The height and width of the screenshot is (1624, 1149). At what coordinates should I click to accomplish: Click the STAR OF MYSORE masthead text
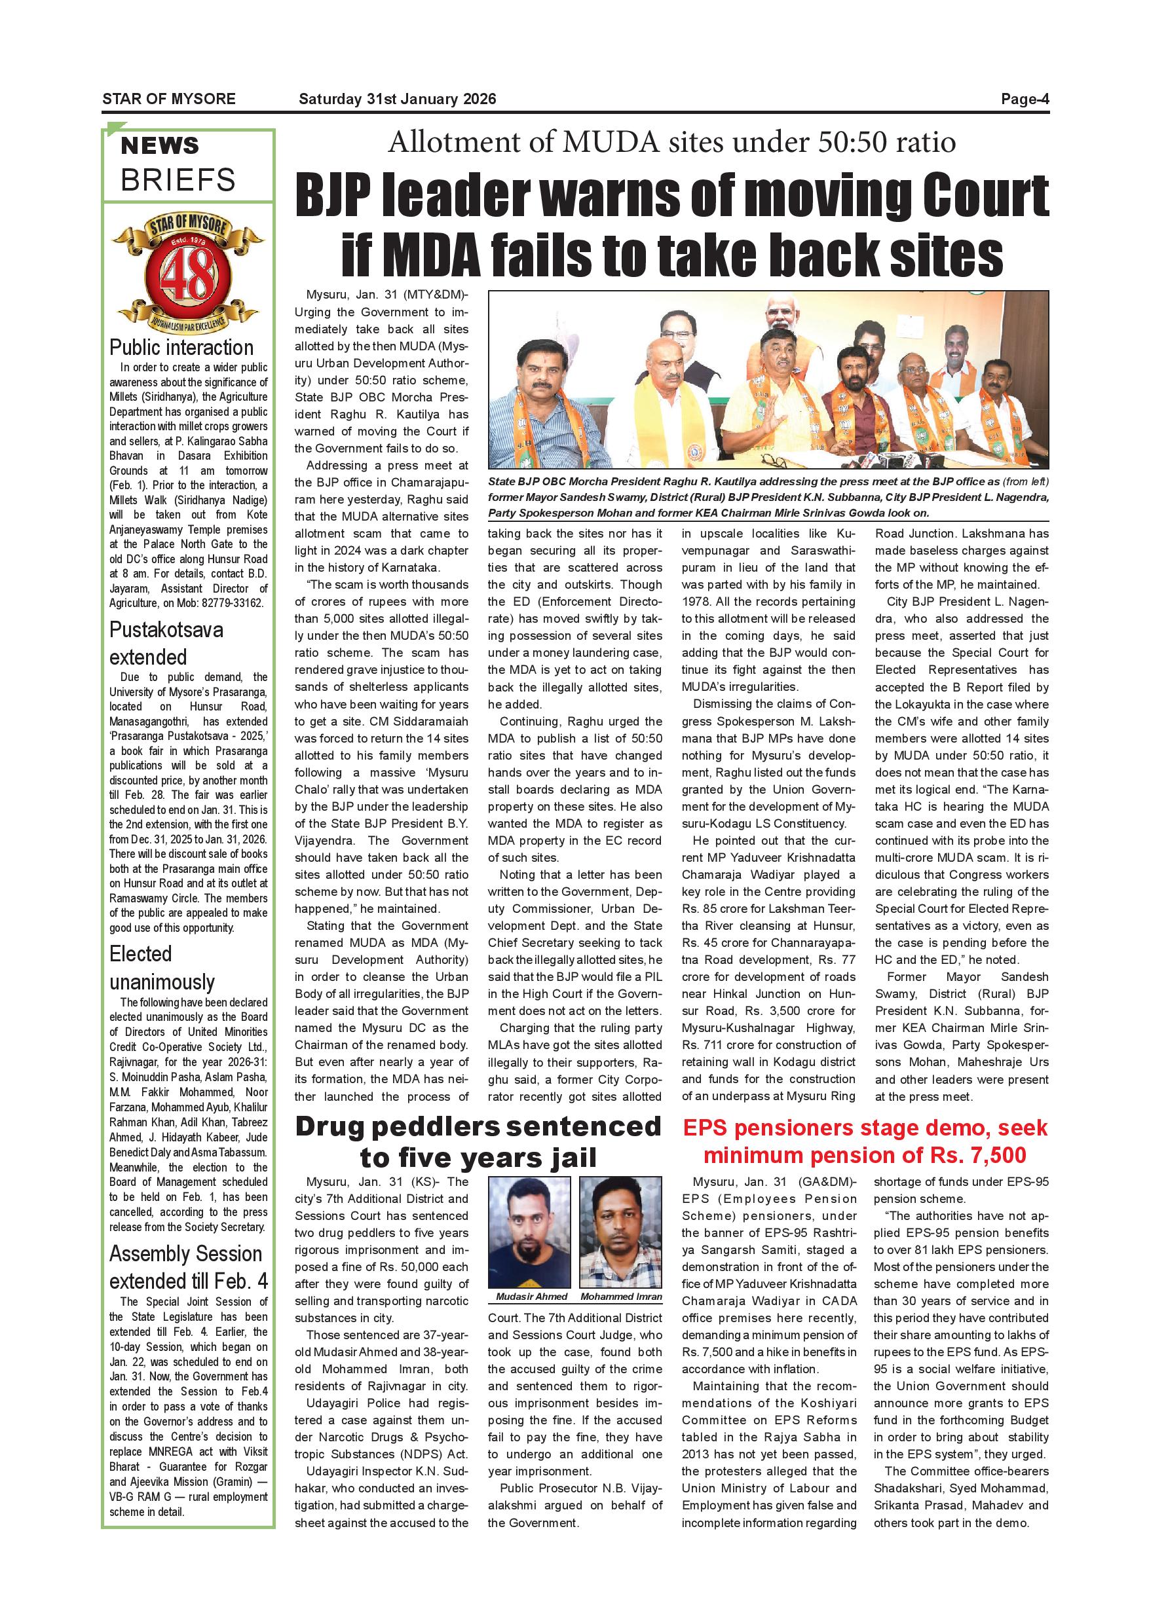(x=168, y=99)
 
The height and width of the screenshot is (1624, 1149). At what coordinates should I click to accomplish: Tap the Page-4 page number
(x=1025, y=99)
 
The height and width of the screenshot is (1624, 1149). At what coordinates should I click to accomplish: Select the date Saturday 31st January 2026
(x=397, y=99)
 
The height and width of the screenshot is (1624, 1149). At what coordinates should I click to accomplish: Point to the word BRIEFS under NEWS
(x=178, y=180)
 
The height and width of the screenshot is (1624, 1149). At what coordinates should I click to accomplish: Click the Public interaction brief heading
(x=181, y=347)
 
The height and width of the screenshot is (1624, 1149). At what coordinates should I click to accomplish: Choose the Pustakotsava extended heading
(x=166, y=643)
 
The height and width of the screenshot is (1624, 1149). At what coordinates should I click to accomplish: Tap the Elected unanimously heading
(x=162, y=967)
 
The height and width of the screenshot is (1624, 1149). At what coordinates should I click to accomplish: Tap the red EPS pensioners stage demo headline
(x=865, y=1141)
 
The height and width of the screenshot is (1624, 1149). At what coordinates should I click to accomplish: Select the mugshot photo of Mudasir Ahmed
(x=529, y=1232)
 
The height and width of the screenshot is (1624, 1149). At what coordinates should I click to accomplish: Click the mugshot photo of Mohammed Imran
(x=620, y=1232)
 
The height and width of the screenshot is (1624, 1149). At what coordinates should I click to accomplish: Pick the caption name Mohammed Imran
(x=620, y=1297)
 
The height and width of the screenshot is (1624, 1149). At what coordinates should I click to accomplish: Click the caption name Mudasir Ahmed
(x=531, y=1297)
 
